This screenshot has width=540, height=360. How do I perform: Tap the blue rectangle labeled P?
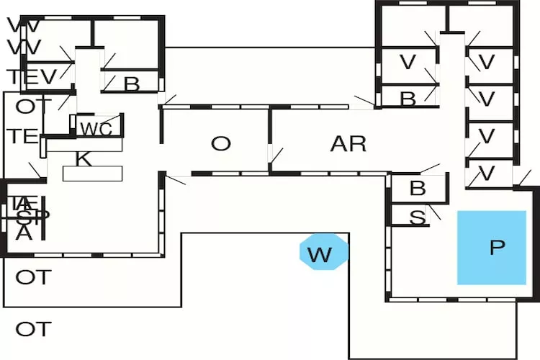(492, 247)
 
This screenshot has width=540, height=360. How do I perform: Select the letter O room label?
(221, 143)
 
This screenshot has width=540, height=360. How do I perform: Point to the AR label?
(348, 143)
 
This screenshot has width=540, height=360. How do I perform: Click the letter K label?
(84, 159)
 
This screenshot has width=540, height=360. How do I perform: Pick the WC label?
(96, 130)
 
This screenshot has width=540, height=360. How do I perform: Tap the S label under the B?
(417, 217)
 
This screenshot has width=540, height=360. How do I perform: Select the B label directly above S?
(418, 189)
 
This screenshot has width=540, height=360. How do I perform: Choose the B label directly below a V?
(408, 99)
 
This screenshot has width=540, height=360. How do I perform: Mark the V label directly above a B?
(408, 63)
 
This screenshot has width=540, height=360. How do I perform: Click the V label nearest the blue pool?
(487, 173)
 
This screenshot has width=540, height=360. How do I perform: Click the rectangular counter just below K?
(94, 174)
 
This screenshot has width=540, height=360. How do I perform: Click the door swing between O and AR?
(275, 157)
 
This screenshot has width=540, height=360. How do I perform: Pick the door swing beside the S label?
(434, 212)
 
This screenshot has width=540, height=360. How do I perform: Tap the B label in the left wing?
(131, 84)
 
